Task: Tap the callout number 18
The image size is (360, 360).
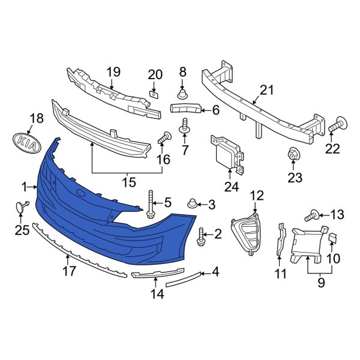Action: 37,118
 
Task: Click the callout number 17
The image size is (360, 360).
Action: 70,271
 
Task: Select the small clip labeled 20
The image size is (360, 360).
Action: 154,93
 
